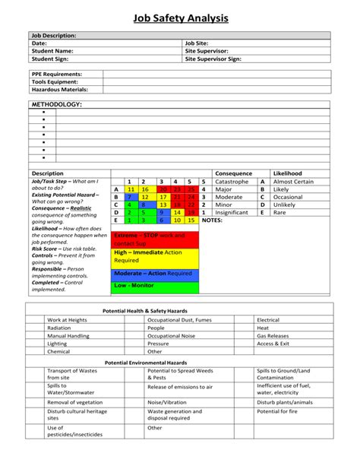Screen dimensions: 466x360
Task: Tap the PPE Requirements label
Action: (x=57, y=74)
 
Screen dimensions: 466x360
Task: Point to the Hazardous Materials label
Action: (x=60, y=90)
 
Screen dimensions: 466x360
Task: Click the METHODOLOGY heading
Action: (x=56, y=103)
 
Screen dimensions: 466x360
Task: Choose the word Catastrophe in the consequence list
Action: (x=232, y=182)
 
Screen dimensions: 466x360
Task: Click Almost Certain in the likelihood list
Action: (x=293, y=182)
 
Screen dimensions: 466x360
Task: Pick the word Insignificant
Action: (x=232, y=212)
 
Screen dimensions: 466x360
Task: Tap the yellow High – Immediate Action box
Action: (x=155, y=256)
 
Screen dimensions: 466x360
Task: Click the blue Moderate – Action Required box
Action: (x=155, y=273)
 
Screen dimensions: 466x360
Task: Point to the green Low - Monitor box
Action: (x=155, y=287)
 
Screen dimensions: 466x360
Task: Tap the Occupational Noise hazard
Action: (x=170, y=335)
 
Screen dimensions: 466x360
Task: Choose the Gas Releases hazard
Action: (x=273, y=335)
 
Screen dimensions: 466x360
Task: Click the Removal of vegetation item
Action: (x=76, y=401)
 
